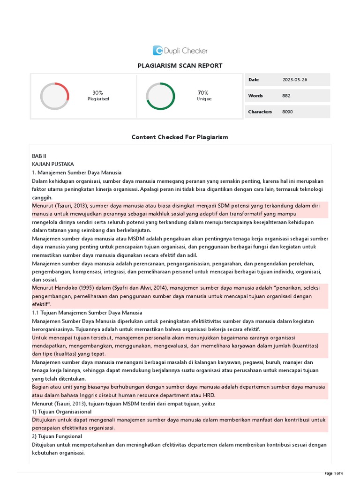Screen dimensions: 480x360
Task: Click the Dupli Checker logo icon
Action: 158,51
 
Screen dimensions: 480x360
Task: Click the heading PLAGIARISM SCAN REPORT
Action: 180,66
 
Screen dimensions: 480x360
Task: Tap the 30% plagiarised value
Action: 98,93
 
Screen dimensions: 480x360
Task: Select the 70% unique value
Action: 203,93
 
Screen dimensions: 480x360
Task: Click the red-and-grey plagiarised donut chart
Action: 55,96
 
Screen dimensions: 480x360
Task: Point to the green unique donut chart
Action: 161,96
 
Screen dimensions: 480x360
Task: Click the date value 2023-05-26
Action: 295,80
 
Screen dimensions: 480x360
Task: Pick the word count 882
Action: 286,96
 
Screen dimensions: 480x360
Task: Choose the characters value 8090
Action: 287,112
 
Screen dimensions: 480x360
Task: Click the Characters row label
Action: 260,112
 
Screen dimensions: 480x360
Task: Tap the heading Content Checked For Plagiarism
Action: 180,137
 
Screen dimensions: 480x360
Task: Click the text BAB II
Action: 39,156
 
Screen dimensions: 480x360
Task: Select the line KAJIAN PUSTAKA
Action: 52,164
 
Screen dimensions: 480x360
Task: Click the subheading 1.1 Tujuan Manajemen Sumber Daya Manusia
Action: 87,313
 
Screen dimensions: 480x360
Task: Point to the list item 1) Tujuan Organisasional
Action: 62,412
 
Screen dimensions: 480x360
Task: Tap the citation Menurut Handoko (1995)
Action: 61,288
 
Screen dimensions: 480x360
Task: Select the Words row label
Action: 255,96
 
